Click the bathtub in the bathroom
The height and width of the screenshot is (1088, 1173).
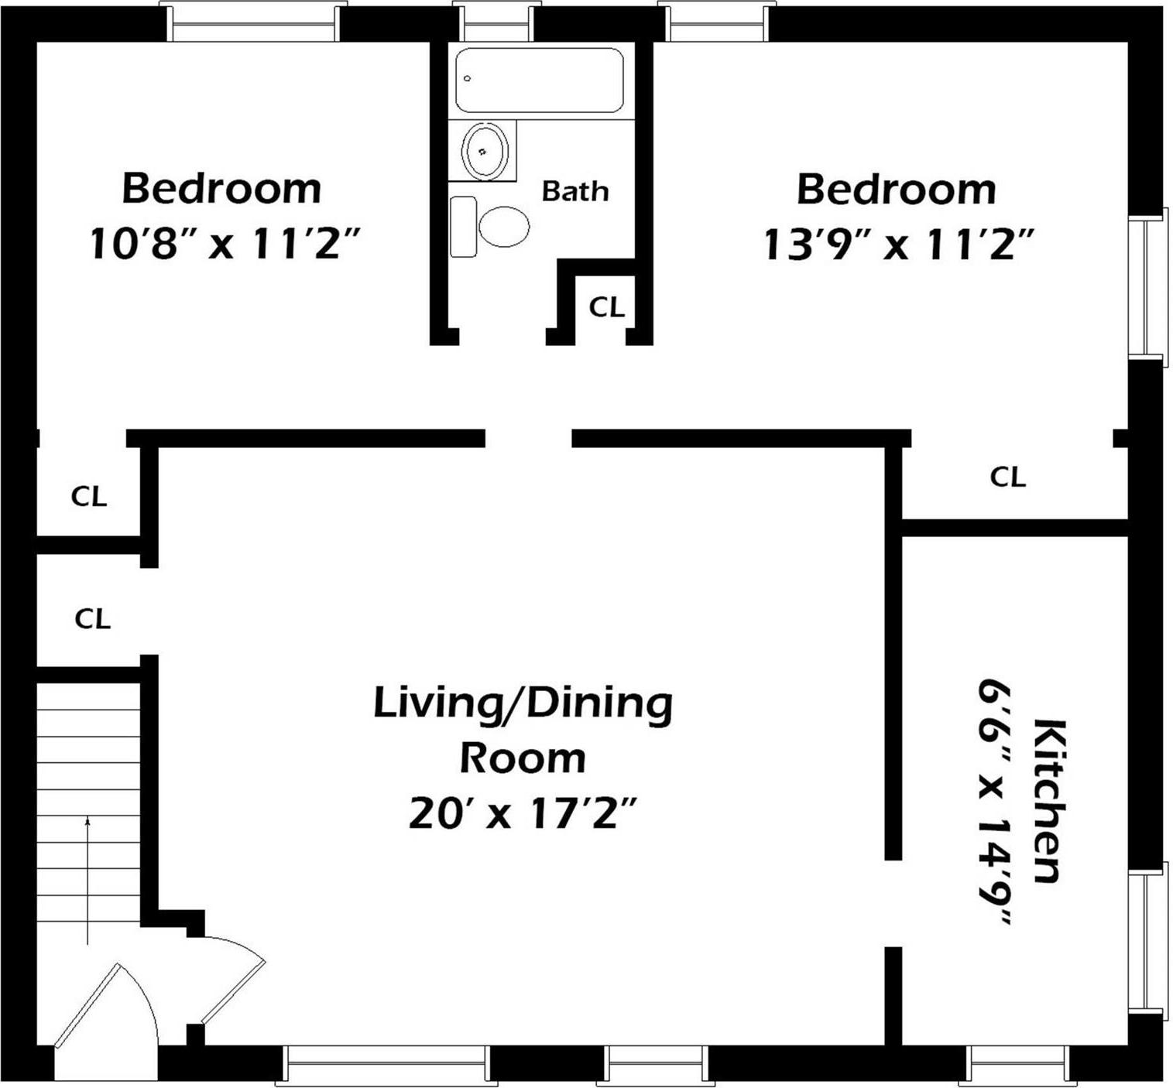click(x=540, y=81)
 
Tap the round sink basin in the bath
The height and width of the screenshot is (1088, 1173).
click(x=485, y=150)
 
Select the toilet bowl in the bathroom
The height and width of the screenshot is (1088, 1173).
click(x=503, y=226)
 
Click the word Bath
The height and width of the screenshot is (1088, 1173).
click(x=574, y=191)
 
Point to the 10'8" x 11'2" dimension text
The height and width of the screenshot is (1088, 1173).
click(x=225, y=245)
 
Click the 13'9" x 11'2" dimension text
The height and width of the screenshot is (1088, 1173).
click(x=898, y=245)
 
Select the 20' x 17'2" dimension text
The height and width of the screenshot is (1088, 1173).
click(x=523, y=813)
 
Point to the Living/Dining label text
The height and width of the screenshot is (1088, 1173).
click(x=523, y=703)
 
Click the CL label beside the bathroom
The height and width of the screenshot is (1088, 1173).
click(x=606, y=307)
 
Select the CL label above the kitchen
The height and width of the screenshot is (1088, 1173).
click(x=1007, y=477)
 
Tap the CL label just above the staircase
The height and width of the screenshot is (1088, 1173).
click(x=92, y=618)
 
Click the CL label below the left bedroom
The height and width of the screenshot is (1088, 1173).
click(x=88, y=496)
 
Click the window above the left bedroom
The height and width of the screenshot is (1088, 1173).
click(x=253, y=22)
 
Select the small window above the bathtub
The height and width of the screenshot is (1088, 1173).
click(x=496, y=22)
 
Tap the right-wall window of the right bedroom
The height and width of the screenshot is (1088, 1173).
click(x=1146, y=284)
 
